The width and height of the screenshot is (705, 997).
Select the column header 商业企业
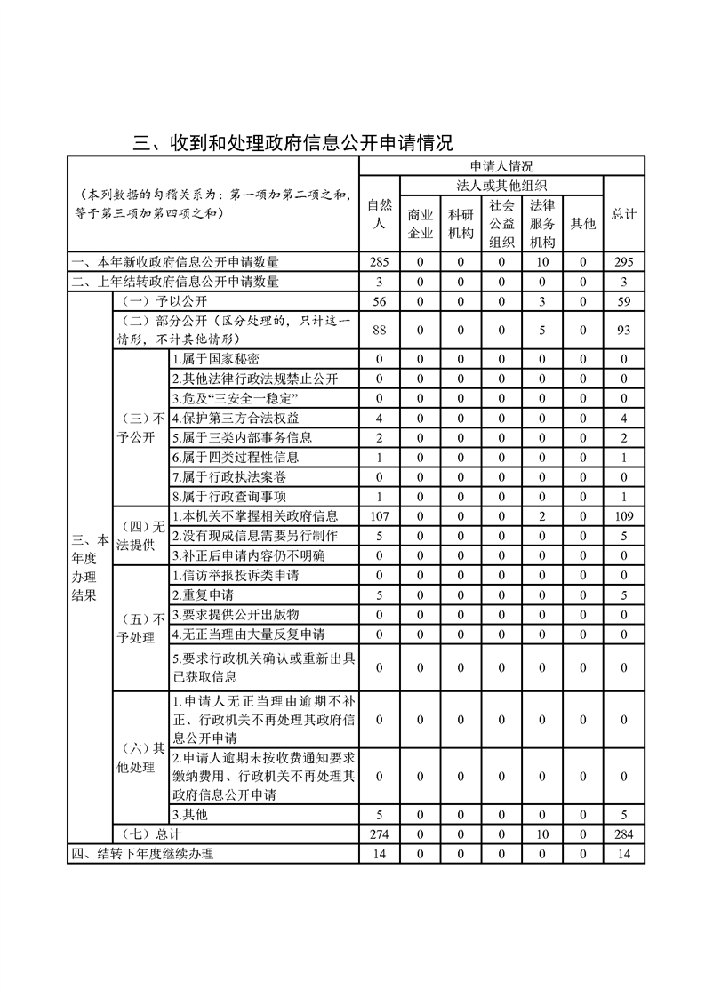[x=421, y=224]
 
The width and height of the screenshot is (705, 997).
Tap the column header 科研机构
[x=461, y=224]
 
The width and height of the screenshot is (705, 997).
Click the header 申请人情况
[x=501, y=166]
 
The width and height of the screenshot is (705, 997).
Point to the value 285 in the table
[x=380, y=262]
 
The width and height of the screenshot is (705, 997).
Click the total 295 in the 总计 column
[x=624, y=262]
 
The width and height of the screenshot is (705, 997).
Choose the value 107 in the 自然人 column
[x=380, y=516]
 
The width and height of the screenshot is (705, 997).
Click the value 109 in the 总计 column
[x=624, y=516]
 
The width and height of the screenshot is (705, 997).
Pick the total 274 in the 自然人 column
[x=380, y=834]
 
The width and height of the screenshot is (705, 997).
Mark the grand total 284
[x=624, y=834]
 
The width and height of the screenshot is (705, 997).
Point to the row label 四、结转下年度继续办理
[x=143, y=854]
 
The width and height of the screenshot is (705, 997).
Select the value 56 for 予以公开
[x=380, y=301]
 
